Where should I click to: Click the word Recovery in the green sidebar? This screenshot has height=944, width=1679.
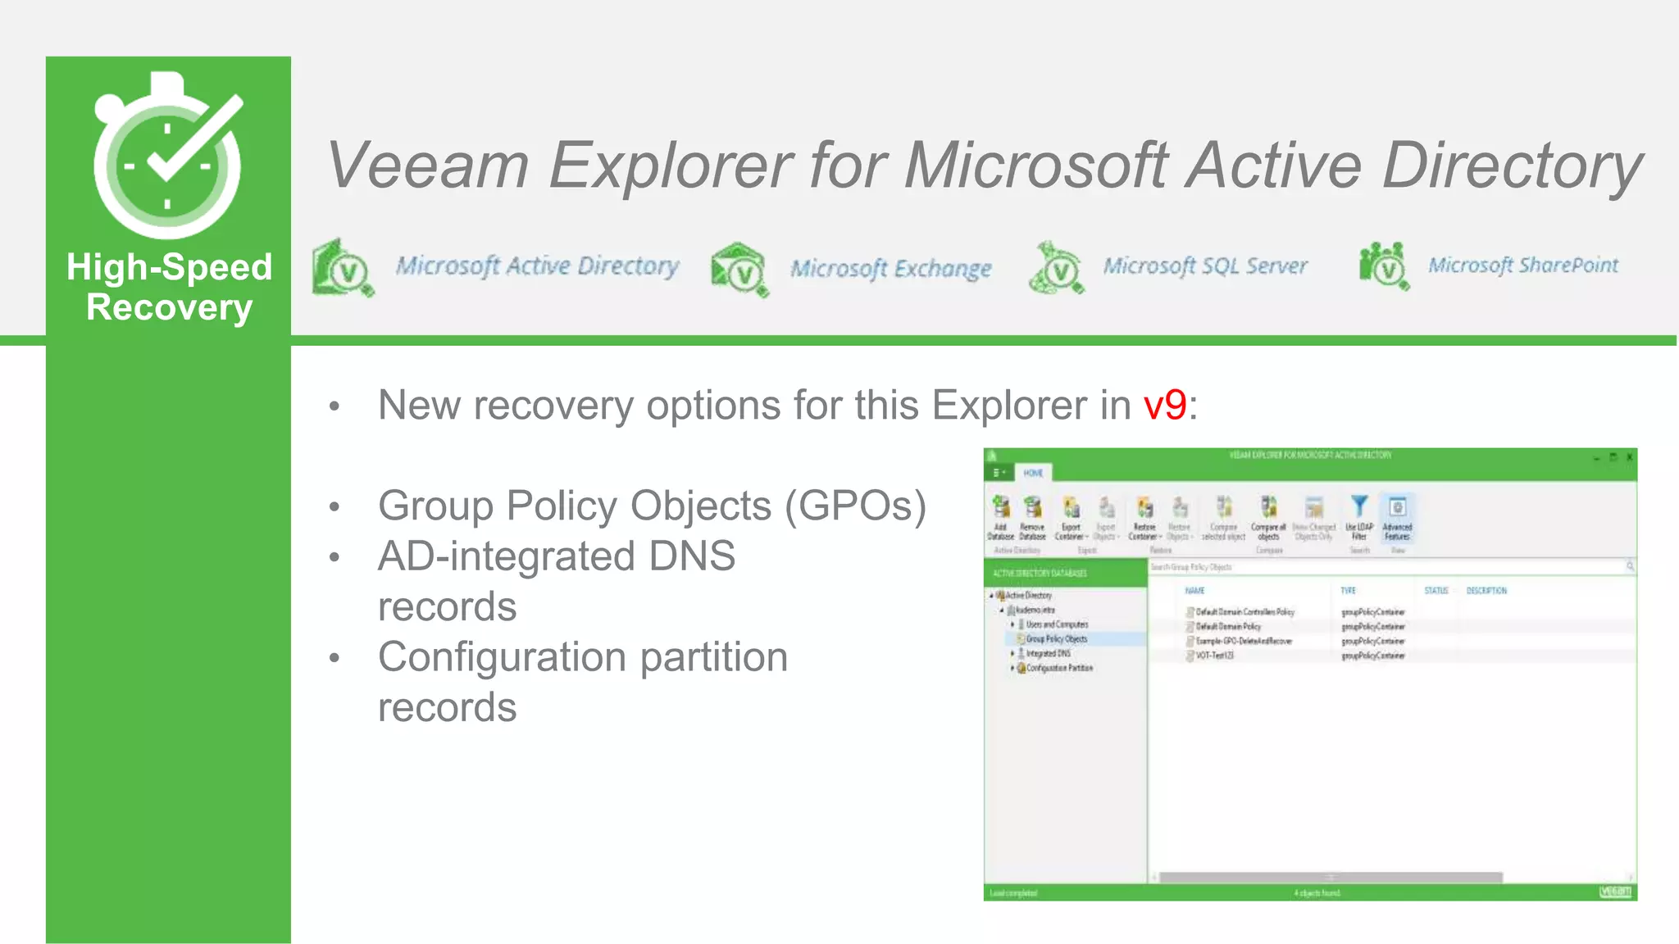(169, 308)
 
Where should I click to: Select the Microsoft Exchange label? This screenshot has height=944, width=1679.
(890, 269)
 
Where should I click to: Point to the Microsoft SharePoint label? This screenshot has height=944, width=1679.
(1522, 265)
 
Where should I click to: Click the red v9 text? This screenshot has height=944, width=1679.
(1164, 405)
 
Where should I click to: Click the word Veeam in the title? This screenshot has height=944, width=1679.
(426, 166)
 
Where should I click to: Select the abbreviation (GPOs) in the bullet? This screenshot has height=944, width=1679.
(855, 506)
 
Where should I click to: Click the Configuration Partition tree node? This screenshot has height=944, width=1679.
(1059, 668)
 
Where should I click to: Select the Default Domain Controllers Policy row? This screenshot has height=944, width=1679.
(1244, 612)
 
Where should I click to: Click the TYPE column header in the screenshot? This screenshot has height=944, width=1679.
(1348, 590)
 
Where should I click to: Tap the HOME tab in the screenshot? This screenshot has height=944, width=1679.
(1033, 473)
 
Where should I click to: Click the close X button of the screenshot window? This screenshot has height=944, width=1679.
(1629, 456)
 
